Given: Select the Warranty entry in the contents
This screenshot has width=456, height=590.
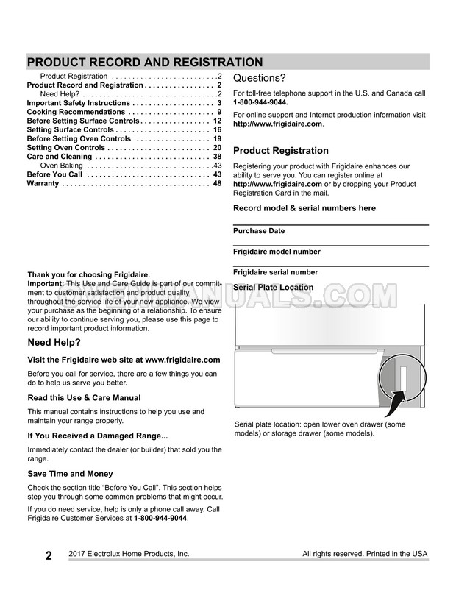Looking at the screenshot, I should click(43, 184).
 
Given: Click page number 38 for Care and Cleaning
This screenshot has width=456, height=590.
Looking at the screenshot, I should click(217, 157).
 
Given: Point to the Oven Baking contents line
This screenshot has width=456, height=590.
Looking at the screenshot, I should click(65, 166).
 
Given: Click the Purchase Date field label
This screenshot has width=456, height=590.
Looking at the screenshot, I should click(259, 231).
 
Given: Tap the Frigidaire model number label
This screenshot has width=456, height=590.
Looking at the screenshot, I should click(276, 252).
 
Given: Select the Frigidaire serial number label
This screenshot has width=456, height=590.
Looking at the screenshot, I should click(275, 272).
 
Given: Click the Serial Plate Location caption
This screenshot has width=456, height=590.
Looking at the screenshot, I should click(273, 288).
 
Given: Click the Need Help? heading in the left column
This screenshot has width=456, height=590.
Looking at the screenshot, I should click(54, 343).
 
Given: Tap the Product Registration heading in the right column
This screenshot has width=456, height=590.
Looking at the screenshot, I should click(280, 151).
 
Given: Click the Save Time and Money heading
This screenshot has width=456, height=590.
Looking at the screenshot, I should click(70, 474).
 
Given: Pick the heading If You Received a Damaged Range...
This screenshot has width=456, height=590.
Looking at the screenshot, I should click(97, 436).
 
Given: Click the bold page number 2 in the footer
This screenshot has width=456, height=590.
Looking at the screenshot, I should click(48, 555).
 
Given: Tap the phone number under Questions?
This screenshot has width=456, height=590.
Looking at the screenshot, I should click(260, 103).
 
